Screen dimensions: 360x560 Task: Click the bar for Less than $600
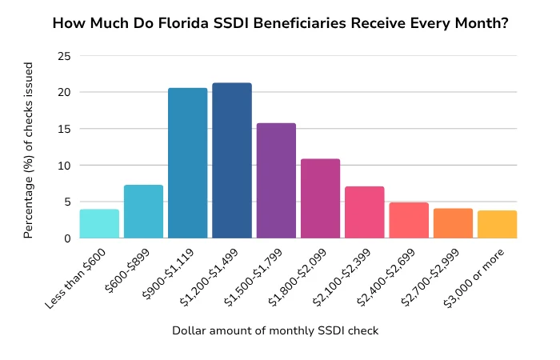coord(99,224)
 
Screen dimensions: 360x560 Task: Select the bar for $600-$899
coord(143,212)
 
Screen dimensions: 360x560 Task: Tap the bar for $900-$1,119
coord(187,163)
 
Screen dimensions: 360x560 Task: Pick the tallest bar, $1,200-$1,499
coord(232,161)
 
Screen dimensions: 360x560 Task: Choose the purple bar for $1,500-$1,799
coord(276,181)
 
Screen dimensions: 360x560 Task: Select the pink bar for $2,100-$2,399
coord(364,213)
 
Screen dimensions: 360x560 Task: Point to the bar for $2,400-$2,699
coord(409,221)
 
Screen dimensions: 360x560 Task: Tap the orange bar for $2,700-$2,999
coord(453,223)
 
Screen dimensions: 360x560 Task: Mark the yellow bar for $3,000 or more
coord(497,225)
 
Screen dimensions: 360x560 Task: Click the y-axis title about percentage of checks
coord(29,147)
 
